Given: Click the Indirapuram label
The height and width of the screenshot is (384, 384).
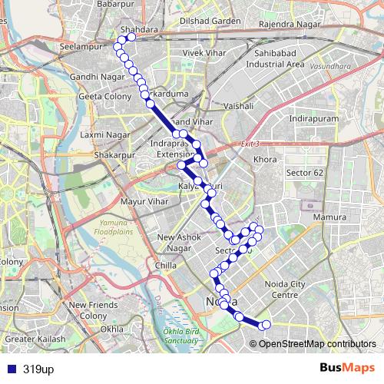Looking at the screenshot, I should point(313,120).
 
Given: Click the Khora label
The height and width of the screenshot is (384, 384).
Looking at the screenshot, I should point(265,160).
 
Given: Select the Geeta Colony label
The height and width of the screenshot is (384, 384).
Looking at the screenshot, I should point(101,97).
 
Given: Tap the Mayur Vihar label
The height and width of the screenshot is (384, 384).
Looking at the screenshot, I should point(144,202).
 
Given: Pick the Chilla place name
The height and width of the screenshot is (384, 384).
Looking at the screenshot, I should point(165,266).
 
